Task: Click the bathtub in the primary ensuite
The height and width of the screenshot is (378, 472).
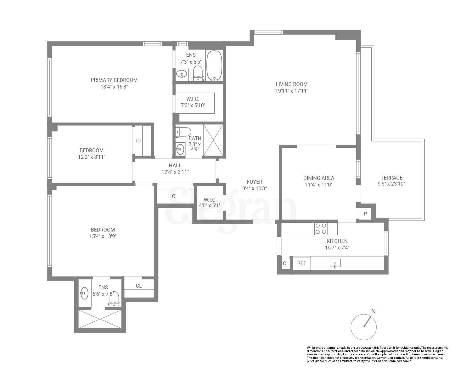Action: pyautogui.click(x=214, y=66)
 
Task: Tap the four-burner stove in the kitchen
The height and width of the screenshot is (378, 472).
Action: pyautogui.click(x=321, y=229)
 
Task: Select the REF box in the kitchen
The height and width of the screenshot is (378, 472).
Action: pyautogui.click(x=301, y=263)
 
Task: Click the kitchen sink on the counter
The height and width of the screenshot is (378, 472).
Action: pyautogui.click(x=335, y=263)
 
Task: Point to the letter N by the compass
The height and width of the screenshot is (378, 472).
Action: pyautogui.click(x=373, y=311)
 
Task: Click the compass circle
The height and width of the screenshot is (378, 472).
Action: pyautogui.click(x=363, y=327)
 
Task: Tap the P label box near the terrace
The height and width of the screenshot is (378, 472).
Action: pyautogui.click(x=365, y=214)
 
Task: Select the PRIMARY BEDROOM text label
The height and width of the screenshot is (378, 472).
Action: pyautogui.click(x=114, y=80)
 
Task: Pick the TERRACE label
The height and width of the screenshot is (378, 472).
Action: pyautogui.click(x=391, y=178)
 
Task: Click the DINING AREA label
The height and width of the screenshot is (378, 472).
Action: pyautogui.click(x=318, y=178)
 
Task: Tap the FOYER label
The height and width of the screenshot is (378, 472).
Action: pyautogui.click(x=254, y=182)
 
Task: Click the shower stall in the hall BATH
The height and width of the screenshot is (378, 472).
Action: pyautogui.click(x=213, y=140)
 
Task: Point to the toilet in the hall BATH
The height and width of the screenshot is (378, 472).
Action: pyautogui.click(x=184, y=132)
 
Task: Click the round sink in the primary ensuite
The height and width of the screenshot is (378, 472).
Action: pyautogui.click(x=182, y=75)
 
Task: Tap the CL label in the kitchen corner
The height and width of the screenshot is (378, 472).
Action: pyautogui.click(x=286, y=263)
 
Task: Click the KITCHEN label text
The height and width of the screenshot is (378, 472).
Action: pyautogui.click(x=337, y=241)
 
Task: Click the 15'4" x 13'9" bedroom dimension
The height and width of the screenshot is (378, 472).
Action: pyautogui.click(x=103, y=236)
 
